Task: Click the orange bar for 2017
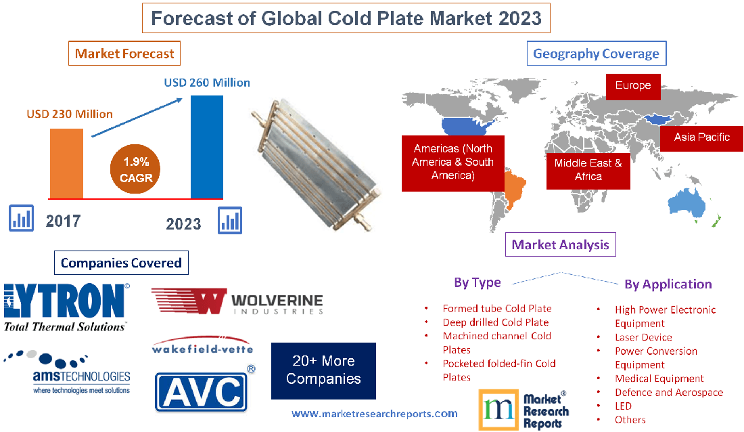coord(66,163)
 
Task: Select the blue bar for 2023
coord(206,147)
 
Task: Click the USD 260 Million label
coord(207,83)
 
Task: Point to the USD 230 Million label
coord(70,114)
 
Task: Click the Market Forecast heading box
coord(124,53)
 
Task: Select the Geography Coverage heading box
coord(596,53)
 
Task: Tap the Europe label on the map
coord(632,86)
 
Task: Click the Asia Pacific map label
coord(701,137)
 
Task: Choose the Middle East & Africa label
coord(588,169)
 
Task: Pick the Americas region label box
coord(453,162)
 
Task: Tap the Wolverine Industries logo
coord(237,301)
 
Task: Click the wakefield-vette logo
coord(203,347)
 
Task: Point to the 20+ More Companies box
coord(323,370)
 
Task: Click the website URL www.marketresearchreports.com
coord(374,413)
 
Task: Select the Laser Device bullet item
coord(643,337)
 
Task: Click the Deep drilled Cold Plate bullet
coord(495,322)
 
